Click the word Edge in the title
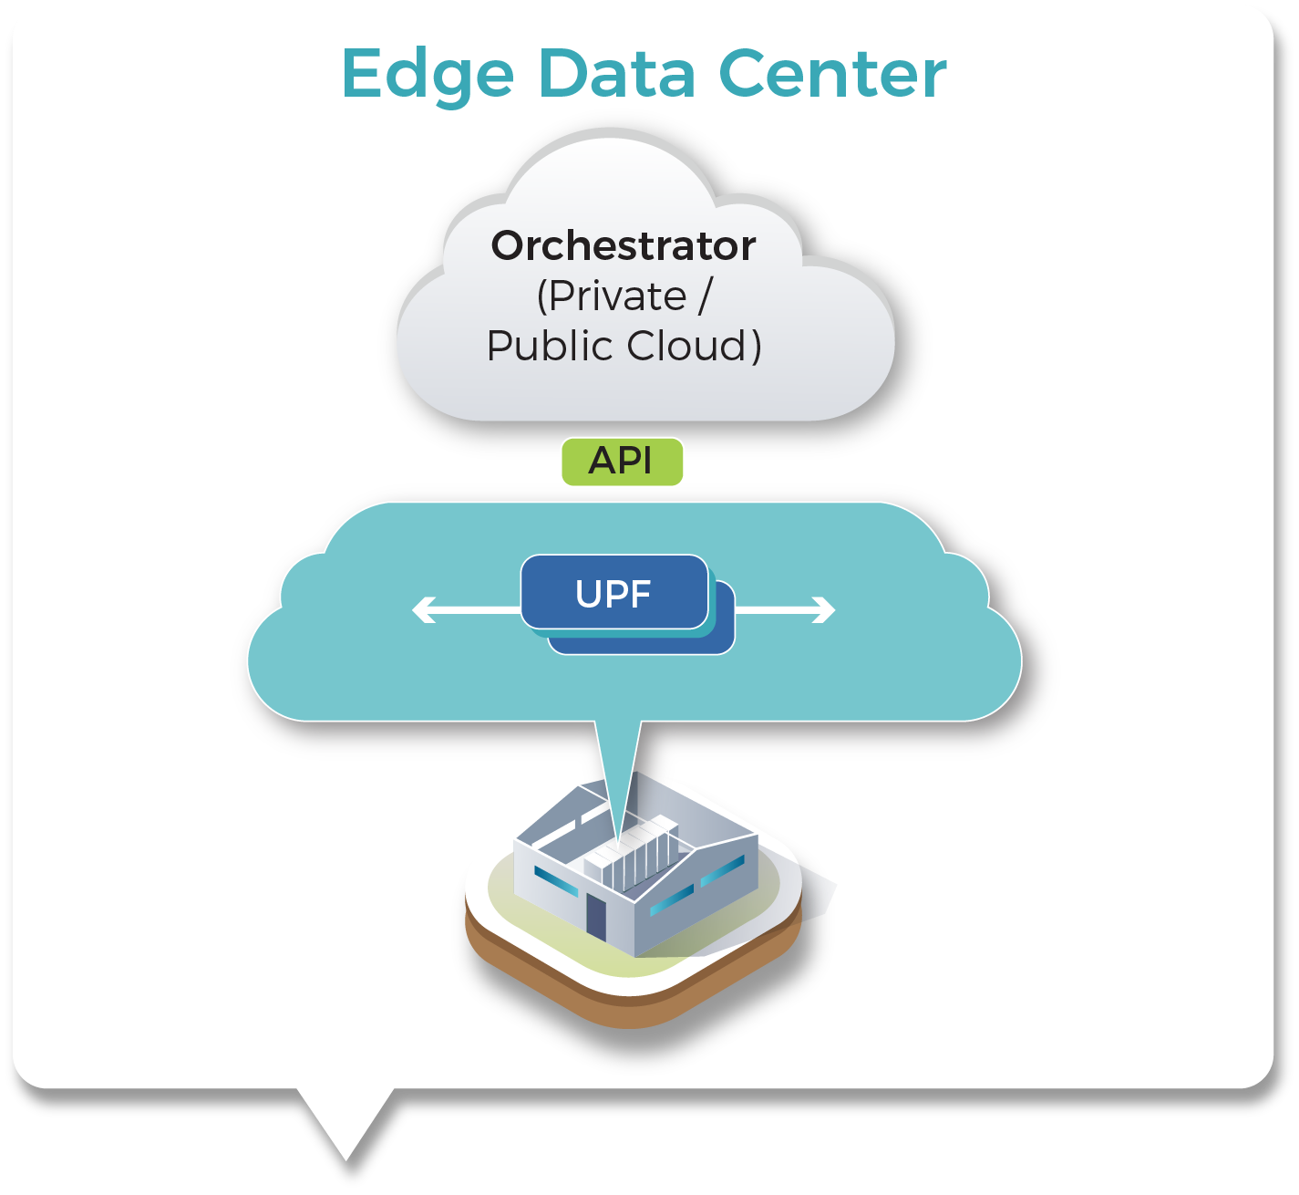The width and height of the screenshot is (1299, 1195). click(428, 76)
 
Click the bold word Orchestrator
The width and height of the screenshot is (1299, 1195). click(624, 245)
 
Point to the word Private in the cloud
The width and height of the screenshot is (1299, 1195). click(613, 296)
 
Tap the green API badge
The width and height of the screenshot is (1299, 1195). click(622, 461)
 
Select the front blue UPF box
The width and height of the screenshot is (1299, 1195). click(613, 593)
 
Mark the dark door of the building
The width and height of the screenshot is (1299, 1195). click(595, 916)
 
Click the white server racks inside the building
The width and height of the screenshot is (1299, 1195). click(633, 857)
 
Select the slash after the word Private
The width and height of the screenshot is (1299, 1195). click(705, 296)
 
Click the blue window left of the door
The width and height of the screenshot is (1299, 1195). click(555, 881)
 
